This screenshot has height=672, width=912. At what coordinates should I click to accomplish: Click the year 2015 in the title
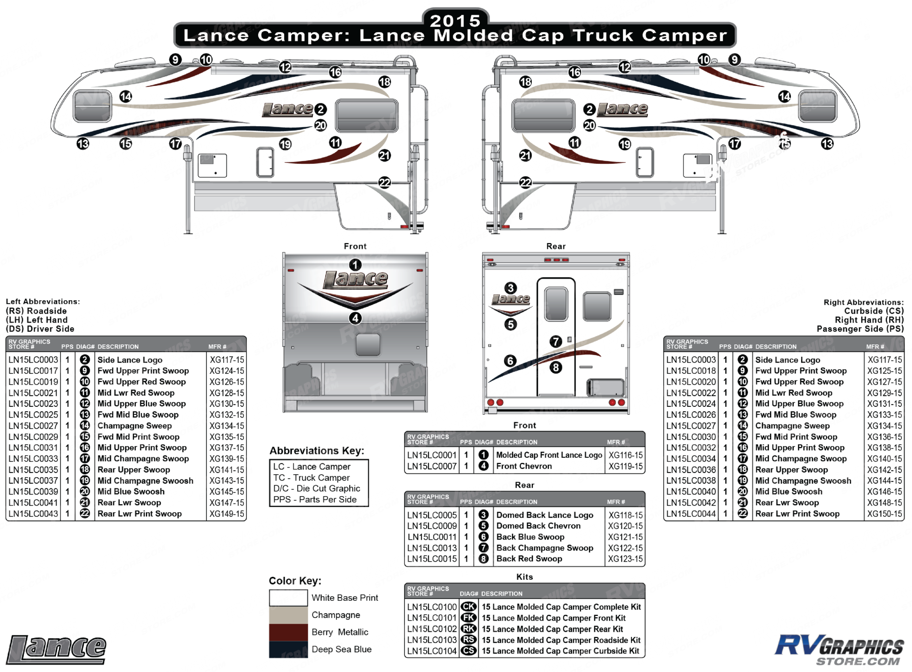[455, 20]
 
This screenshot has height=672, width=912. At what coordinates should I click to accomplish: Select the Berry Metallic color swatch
[288, 632]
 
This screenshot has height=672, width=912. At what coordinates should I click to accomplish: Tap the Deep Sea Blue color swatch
[288, 649]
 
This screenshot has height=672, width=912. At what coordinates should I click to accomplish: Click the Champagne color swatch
[288, 615]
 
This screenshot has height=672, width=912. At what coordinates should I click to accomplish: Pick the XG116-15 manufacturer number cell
[625, 455]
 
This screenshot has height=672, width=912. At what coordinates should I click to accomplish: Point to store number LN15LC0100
[432, 607]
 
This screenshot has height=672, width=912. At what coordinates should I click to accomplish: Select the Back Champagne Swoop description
[544, 548]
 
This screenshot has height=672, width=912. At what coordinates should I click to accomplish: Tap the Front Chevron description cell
[523, 466]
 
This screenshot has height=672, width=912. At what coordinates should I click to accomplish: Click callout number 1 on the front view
[355, 265]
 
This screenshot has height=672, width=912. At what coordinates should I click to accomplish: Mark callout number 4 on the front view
[355, 318]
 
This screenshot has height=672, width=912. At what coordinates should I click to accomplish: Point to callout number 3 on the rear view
[510, 288]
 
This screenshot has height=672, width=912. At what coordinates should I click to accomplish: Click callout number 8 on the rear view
[556, 368]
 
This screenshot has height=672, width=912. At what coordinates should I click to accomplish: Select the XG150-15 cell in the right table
[884, 514]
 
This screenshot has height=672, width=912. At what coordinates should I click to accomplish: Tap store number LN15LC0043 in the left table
[33, 514]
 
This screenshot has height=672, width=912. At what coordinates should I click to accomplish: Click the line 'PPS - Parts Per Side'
[314, 499]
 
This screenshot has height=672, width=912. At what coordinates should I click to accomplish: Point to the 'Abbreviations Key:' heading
[317, 451]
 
